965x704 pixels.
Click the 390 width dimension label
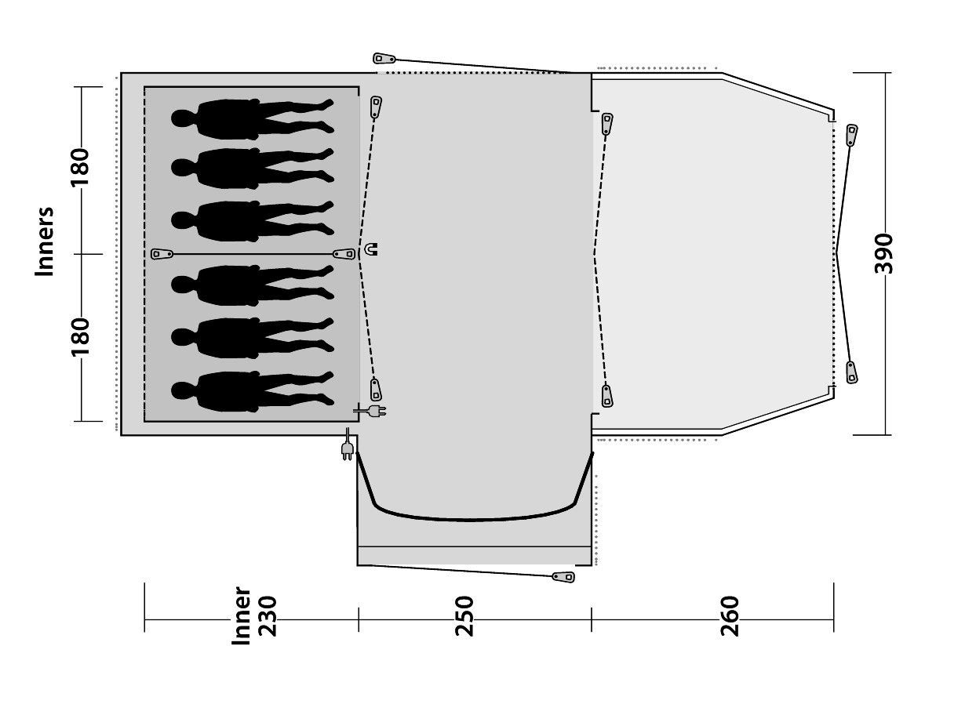[884, 253]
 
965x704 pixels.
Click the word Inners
[45, 241]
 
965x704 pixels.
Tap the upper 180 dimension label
[80, 168]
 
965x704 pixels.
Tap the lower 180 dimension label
[80, 337]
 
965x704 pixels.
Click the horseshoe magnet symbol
[371, 249]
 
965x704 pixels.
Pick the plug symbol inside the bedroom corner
[370, 412]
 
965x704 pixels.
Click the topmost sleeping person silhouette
[253, 119]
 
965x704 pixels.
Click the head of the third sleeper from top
[180, 220]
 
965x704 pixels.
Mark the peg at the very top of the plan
[384, 59]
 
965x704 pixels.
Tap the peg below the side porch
[563, 577]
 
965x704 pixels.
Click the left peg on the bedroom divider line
[162, 254]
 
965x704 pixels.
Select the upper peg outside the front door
[852, 135]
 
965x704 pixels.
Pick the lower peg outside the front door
[852, 372]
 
